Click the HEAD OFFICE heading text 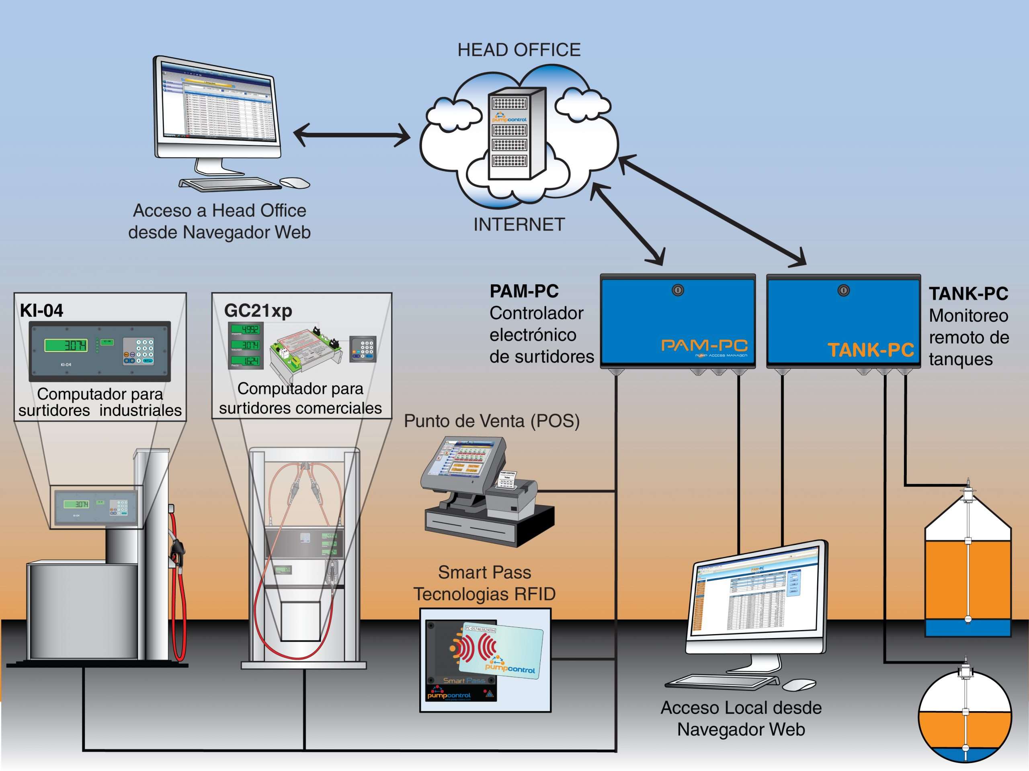[519, 50]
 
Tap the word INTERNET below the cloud [519, 225]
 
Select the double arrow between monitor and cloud [352, 135]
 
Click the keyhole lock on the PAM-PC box [678, 291]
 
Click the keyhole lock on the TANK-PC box [843, 291]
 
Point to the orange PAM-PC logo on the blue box [704, 345]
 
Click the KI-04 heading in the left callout [41, 310]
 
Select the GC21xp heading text [258, 310]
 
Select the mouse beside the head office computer [295, 183]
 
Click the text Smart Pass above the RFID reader [484, 572]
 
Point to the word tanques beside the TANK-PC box [961, 359]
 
